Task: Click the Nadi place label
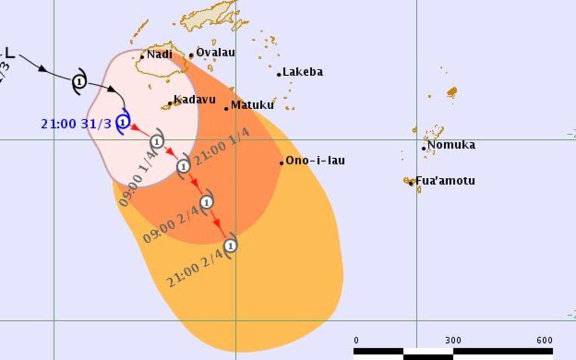159,54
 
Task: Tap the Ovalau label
215,53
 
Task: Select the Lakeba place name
302,72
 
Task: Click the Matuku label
252,105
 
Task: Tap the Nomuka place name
451,145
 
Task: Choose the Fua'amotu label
445,181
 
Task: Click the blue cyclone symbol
123,121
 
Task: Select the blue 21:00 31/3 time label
76,123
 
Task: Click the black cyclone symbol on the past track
80,82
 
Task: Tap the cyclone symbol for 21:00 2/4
230,245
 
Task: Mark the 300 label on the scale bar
453,340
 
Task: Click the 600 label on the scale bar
544,340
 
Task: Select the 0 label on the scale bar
357,340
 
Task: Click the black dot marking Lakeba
279,74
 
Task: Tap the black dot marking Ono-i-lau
281,163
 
